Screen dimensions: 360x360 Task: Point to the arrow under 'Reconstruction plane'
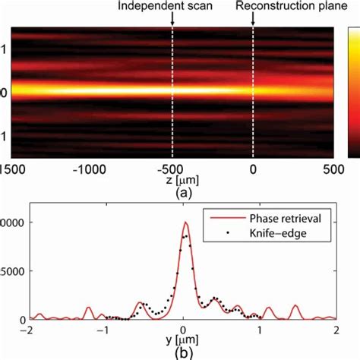(253, 20)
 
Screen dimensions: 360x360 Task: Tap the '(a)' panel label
(173, 194)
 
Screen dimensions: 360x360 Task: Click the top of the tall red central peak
(186, 223)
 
